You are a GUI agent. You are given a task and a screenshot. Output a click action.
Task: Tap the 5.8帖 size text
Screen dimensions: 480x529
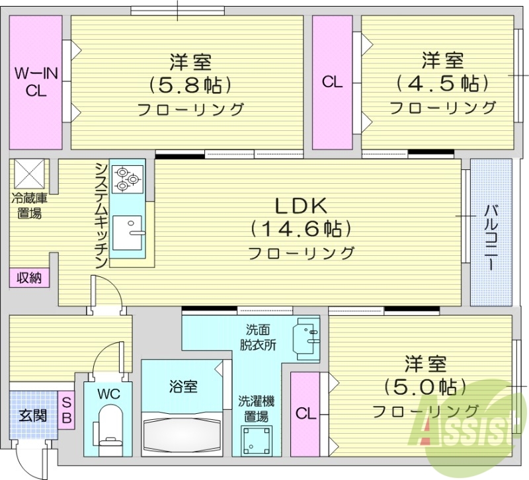pyautogui.click(x=190, y=85)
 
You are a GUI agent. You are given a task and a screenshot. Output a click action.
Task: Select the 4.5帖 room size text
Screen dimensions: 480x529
pyautogui.click(x=442, y=83)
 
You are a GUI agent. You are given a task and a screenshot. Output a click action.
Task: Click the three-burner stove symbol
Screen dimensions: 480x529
pyautogui.click(x=126, y=178)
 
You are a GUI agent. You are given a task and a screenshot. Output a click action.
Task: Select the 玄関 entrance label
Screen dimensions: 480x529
pyautogui.click(x=32, y=416)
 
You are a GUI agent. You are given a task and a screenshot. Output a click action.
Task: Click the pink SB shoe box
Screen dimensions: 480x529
pyautogui.click(x=66, y=409)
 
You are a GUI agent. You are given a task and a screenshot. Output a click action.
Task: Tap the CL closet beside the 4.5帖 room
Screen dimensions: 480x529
pyautogui.click(x=332, y=82)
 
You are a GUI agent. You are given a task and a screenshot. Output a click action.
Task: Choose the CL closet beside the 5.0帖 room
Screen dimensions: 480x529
pyautogui.click(x=305, y=414)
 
